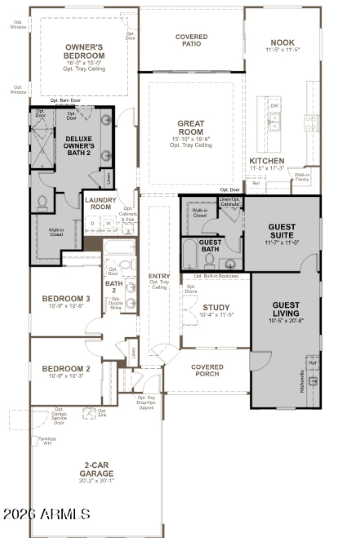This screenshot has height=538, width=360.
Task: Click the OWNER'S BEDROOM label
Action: (85, 51)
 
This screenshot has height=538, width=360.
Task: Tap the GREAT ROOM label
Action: (191, 127)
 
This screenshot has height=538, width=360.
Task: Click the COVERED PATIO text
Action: (191, 40)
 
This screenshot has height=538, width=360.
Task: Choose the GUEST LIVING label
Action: (286, 309)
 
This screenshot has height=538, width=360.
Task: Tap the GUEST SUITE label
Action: (282, 231)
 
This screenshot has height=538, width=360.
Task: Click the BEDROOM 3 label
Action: (66, 298)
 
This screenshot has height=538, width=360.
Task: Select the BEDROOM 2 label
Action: (66, 369)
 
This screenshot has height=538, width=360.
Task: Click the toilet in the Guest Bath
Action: (209, 261)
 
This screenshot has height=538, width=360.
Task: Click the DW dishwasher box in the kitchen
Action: (274, 105)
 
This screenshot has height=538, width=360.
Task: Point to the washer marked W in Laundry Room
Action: (108, 223)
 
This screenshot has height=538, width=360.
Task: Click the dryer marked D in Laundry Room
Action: (93, 223)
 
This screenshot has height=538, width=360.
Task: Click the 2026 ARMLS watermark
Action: (46, 514)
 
